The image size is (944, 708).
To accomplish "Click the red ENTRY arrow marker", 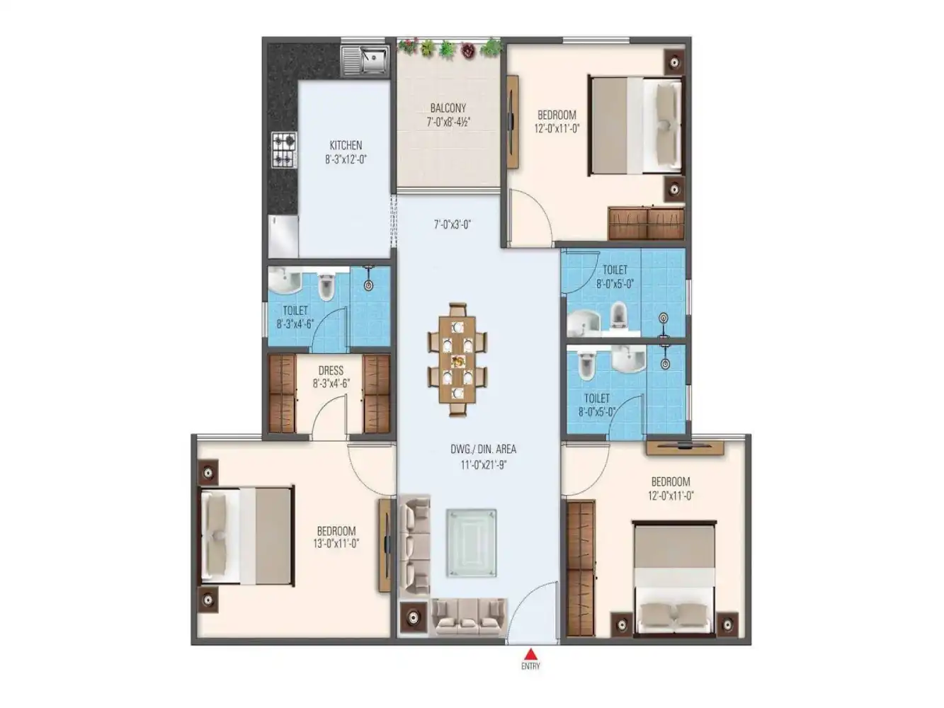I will [530, 653].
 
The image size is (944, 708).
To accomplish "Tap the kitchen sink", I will [364, 59].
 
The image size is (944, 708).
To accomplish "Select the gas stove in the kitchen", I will [283, 149].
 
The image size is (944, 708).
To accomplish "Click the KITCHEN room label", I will [346, 145].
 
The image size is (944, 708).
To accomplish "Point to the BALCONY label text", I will [448, 108].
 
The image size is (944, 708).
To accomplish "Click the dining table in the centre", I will [457, 360].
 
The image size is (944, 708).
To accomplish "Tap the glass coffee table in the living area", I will [471, 542].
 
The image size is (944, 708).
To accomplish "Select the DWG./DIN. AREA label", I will [483, 449].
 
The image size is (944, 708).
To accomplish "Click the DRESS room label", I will [331, 370].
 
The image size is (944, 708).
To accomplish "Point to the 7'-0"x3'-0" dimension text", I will [453, 224].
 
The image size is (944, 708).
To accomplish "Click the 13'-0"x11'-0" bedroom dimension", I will [336, 544].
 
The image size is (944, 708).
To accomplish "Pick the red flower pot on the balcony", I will [468, 50].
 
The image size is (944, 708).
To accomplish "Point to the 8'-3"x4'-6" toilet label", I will [295, 324].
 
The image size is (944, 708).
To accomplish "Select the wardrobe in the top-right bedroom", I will [646, 223].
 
